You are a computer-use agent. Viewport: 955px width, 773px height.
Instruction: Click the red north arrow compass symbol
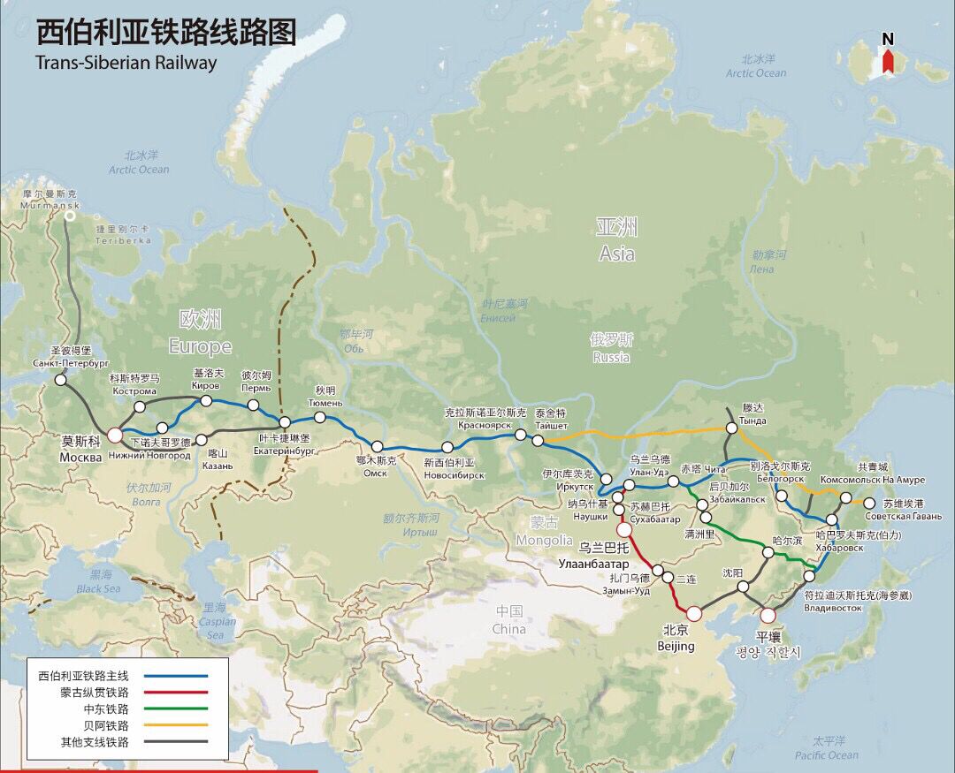[888, 62]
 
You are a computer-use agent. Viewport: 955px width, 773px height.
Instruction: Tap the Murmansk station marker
[70, 215]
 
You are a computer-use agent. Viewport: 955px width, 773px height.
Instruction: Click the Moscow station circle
[115, 435]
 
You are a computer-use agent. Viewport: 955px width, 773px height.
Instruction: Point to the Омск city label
[375, 473]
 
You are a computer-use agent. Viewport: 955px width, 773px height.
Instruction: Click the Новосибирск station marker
[447, 447]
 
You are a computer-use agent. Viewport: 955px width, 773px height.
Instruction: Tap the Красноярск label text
[485, 425]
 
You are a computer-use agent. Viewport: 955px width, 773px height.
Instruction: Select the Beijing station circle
[694, 612]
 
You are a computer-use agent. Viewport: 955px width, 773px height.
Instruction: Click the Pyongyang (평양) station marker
[768, 615]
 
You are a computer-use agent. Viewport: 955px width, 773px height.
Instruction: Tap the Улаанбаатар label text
[593, 563]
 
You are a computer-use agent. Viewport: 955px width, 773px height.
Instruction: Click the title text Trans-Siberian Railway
[126, 63]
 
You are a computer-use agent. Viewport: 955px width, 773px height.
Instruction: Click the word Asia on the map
[616, 254]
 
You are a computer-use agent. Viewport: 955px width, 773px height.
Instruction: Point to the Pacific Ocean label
[826, 755]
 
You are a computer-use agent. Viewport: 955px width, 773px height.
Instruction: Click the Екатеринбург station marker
[285, 423]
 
